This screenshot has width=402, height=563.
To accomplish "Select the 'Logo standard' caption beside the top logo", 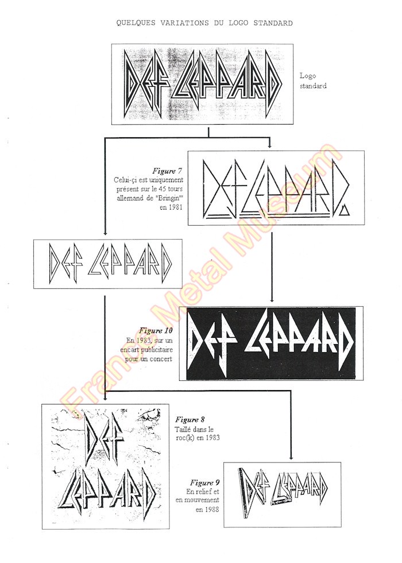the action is click(x=313, y=81).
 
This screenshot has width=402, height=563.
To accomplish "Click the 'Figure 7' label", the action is click(x=167, y=171).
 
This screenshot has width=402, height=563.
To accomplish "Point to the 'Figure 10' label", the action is click(x=156, y=330).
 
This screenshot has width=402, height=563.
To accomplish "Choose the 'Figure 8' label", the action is click(x=190, y=419).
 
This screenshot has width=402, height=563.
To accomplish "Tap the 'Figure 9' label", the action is click(x=204, y=483).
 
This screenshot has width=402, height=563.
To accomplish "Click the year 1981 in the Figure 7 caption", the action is click(x=176, y=207).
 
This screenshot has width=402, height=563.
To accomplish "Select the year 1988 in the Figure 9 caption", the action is click(x=212, y=509).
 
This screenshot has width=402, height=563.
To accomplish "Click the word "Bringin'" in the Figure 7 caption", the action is click(x=171, y=198).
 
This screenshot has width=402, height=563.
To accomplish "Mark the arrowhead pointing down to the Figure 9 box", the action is click(x=291, y=457).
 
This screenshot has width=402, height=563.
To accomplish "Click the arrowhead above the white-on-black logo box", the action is click(x=272, y=299).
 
